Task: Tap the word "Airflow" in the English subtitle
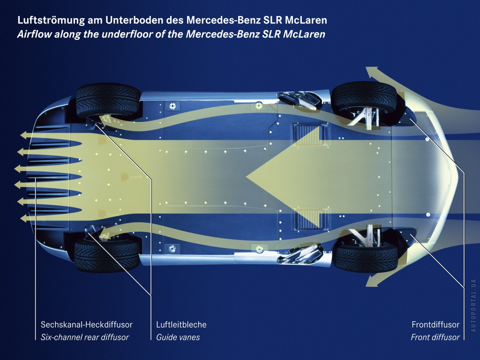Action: (34, 34)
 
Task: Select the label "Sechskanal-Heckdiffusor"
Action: (87, 324)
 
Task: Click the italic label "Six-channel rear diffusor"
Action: (85, 337)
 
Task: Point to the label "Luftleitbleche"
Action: (181, 324)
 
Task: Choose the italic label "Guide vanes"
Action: (178, 337)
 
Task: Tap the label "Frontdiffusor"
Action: (435, 324)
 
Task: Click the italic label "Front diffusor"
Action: (435, 337)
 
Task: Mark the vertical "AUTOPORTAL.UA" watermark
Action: (473, 305)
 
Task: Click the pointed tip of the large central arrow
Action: (247, 177)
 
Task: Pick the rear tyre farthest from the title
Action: (107, 255)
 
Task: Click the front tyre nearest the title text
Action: (364, 98)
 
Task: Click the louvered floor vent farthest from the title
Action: (310, 218)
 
